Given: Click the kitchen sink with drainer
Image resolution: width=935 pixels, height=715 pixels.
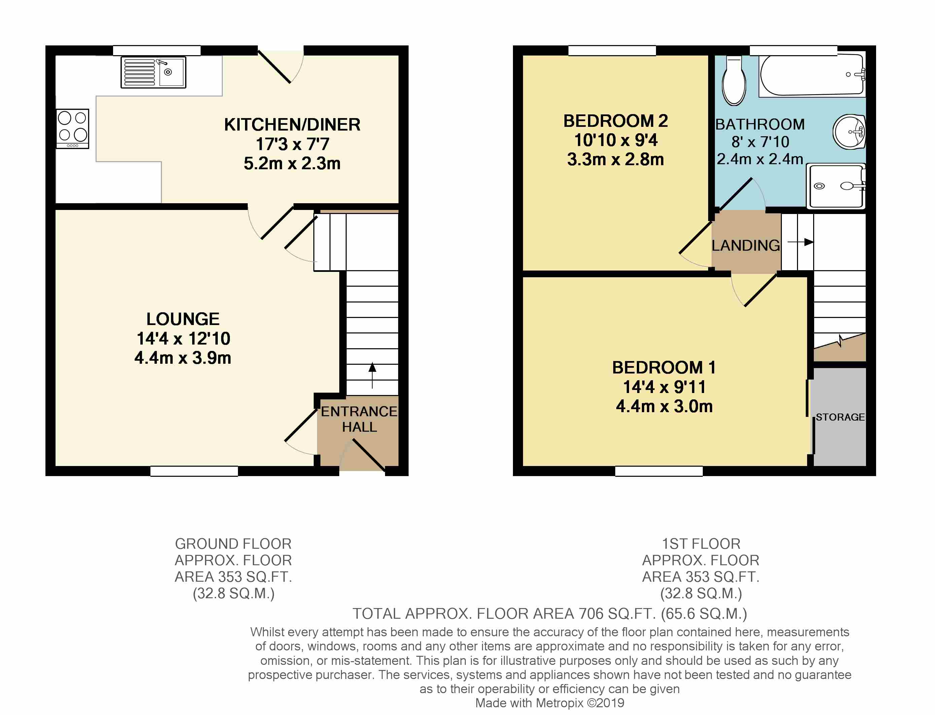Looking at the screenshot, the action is click(153, 72).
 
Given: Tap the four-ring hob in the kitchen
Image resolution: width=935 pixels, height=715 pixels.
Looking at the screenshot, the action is click(73, 129).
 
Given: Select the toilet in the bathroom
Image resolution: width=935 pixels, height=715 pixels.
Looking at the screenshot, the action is click(734, 81).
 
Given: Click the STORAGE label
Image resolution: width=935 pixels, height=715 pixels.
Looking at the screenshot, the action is click(840, 417).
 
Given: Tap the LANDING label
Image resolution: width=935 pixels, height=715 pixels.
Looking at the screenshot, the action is click(746, 246).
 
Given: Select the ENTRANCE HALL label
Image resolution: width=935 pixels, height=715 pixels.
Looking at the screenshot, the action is click(359, 419).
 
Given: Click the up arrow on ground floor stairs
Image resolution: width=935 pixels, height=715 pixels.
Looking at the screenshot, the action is click(372, 375).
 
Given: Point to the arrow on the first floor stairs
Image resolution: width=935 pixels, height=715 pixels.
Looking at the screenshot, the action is click(800, 242).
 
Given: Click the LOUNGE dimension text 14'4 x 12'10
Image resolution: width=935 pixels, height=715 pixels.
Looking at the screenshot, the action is click(183, 339).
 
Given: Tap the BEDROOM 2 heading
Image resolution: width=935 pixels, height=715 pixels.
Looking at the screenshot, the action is click(616, 121).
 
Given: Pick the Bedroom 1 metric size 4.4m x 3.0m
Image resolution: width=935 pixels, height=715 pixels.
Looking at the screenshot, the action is click(664, 406).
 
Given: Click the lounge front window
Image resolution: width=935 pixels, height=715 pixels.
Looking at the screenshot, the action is click(194, 471).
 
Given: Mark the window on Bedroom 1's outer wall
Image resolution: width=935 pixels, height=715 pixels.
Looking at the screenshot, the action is click(659, 471).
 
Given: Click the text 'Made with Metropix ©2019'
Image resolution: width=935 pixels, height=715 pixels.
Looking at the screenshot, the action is click(550, 703).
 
